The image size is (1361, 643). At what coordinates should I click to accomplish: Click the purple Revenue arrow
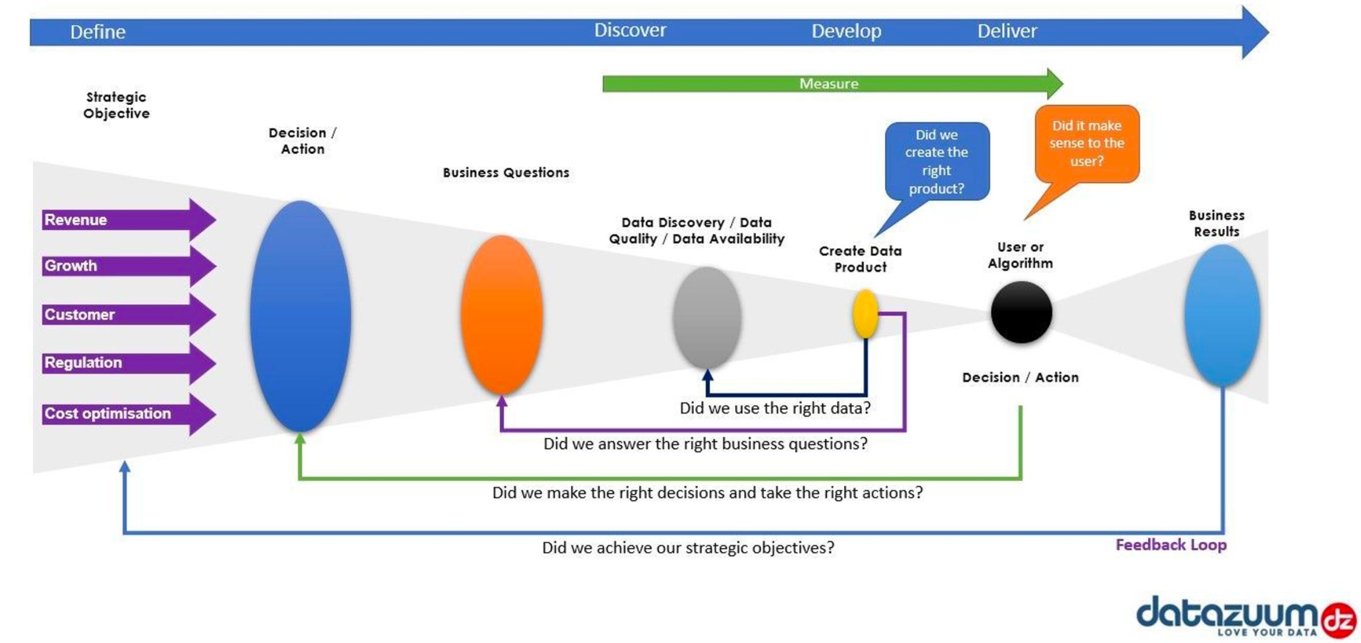point(127,220)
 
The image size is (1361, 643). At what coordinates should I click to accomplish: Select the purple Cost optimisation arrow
point(127,414)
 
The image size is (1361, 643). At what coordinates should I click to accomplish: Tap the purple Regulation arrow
point(127,363)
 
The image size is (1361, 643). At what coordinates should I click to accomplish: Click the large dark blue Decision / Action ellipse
point(300,316)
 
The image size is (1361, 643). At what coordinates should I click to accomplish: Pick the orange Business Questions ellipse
point(501,314)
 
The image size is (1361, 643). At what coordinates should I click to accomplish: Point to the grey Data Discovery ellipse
point(707,317)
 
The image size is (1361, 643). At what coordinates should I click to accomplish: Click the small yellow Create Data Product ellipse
point(865,314)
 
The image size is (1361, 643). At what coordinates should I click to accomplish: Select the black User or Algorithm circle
point(1022,312)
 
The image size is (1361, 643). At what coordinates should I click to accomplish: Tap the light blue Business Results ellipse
point(1222,315)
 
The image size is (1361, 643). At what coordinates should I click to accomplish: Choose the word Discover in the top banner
point(630,30)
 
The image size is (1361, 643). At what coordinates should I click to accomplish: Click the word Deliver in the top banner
point(1007,31)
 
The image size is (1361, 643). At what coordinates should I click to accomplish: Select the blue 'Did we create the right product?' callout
point(937,161)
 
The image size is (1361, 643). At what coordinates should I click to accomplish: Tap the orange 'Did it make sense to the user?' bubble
point(1087,143)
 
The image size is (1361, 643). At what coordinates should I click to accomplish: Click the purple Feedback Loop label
point(1171,545)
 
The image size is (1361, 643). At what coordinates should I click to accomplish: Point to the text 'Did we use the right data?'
point(775,408)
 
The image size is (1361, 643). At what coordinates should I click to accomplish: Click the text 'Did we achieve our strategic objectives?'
point(688,547)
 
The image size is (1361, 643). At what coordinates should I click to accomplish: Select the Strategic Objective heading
point(116,105)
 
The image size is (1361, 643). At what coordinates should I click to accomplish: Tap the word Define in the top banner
point(97,32)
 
